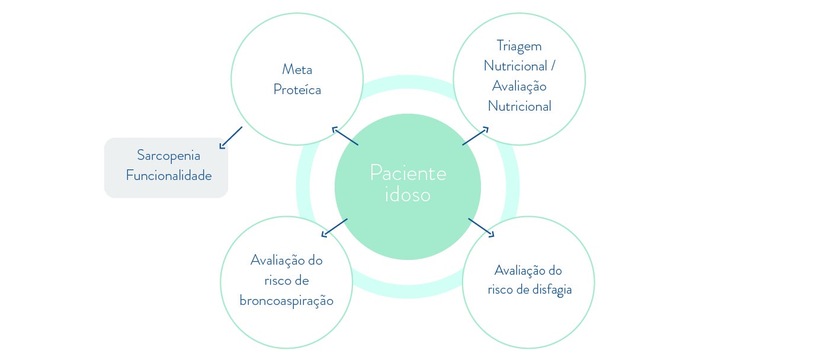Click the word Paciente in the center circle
[x=408, y=173]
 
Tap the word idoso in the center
[x=408, y=195]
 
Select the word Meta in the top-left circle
[x=297, y=70]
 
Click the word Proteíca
[x=297, y=90]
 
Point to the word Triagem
[x=519, y=46]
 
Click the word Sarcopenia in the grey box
[x=168, y=156]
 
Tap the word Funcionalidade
[x=168, y=176]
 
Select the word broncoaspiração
[x=286, y=301]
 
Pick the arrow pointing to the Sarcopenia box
[x=231, y=137]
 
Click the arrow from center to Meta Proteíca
[x=345, y=136]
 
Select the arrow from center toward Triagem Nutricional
[x=476, y=136]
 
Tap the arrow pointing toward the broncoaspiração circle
[x=334, y=228]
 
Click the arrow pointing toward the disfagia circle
[x=481, y=227]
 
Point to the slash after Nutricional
[x=553, y=66]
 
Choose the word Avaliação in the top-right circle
[x=519, y=86]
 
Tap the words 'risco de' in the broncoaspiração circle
[x=286, y=281]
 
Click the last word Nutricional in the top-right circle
[x=519, y=107]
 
